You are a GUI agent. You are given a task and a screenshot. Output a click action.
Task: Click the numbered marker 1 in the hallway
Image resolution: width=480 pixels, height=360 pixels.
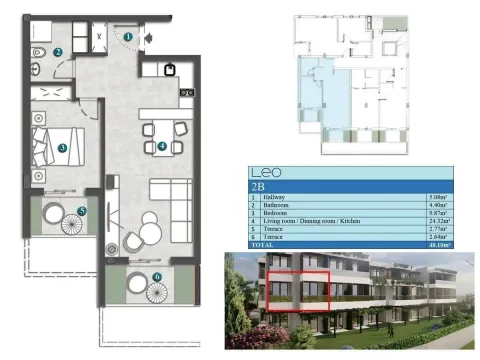pyautogui.click(x=129, y=37)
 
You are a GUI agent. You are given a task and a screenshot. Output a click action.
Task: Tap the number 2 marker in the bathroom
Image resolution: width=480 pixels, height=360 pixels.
pyautogui.click(x=58, y=53)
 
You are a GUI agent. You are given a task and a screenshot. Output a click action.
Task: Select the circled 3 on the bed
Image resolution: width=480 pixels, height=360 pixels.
pyautogui.click(x=62, y=148)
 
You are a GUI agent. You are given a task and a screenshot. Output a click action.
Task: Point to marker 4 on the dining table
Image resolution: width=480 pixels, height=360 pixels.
pyautogui.click(x=162, y=147)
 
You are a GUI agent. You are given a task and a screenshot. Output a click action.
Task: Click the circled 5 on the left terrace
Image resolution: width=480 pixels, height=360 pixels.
pyautogui.click(x=81, y=210)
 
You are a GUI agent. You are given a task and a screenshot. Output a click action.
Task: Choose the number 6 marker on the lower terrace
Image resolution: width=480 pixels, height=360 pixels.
pyautogui.click(x=157, y=277)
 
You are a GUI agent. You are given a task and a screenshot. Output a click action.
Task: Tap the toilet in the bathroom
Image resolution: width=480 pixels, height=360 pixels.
pyautogui.click(x=37, y=52)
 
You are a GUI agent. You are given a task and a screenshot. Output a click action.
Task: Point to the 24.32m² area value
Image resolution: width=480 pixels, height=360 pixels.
pyautogui.click(x=437, y=221)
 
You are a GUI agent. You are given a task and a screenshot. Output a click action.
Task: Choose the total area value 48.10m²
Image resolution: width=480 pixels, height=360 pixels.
pyautogui.click(x=437, y=244)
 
